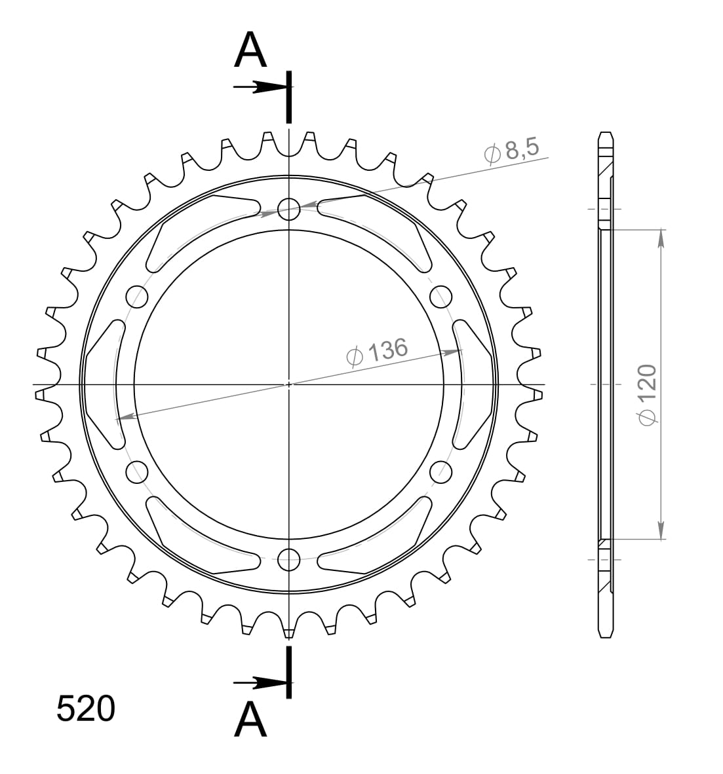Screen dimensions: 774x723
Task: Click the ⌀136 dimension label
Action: tap(376, 352)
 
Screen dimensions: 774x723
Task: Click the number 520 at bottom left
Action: tap(86, 709)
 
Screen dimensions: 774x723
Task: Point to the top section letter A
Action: tap(250, 51)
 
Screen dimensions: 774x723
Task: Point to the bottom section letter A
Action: tap(250, 721)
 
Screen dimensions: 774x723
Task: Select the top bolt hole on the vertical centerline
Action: tap(288, 210)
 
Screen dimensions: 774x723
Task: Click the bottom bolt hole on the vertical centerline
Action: tap(288, 559)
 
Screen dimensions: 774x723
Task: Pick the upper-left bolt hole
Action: tap(137, 297)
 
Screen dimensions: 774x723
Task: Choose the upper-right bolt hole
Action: tap(440, 297)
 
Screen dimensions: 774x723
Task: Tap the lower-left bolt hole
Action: tap(137, 471)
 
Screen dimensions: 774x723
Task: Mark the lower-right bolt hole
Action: tap(440, 471)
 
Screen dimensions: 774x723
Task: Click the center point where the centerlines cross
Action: tap(288, 384)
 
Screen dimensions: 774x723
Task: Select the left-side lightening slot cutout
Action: tap(105, 384)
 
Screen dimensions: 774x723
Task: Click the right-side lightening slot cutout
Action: tap(472, 384)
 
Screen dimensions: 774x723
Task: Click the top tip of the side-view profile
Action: tap(606, 134)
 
